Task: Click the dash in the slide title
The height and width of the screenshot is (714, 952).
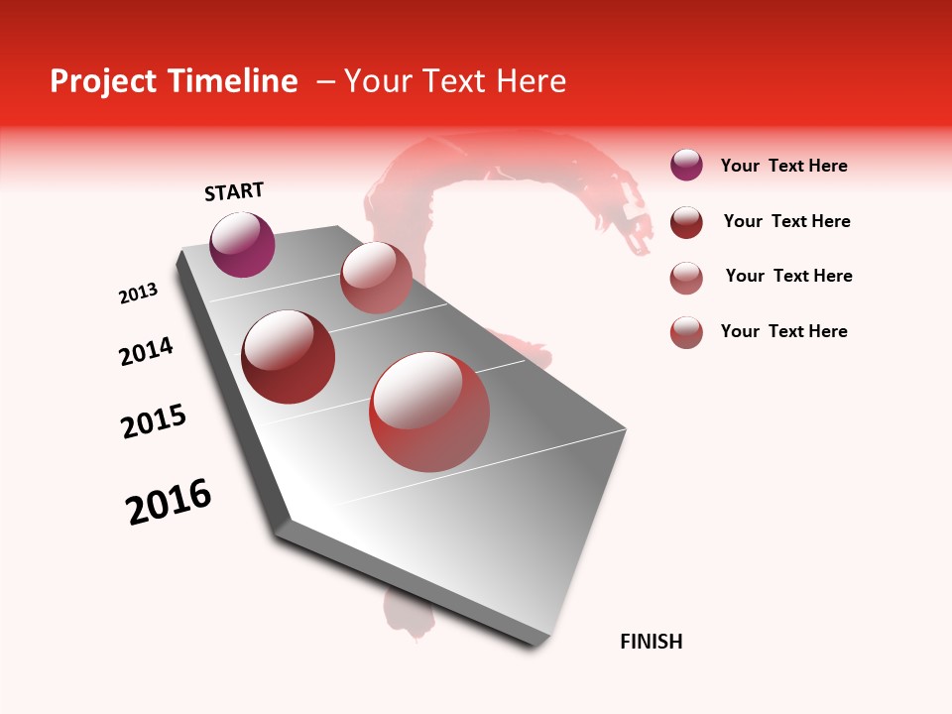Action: point(324,81)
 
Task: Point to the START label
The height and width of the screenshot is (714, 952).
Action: point(234,191)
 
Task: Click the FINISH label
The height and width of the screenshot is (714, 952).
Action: point(651,642)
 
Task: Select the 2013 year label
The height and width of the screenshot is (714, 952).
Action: point(138,294)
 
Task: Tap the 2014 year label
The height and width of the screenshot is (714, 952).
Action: point(146,351)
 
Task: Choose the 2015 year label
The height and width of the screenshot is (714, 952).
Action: point(154,421)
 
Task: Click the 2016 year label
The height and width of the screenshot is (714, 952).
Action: point(169,502)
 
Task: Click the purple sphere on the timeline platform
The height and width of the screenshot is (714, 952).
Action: point(242,244)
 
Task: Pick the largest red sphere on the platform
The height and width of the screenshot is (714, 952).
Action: point(428,412)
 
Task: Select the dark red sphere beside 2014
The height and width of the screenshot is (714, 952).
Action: point(289,356)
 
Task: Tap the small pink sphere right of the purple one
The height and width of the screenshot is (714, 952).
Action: point(376,278)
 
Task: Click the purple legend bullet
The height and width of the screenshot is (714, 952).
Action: point(686,166)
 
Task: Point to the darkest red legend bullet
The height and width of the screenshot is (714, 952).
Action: point(686,222)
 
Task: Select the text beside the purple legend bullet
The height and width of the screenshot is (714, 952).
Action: point(783,167)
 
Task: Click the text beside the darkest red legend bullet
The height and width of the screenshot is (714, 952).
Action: point(786,221)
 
